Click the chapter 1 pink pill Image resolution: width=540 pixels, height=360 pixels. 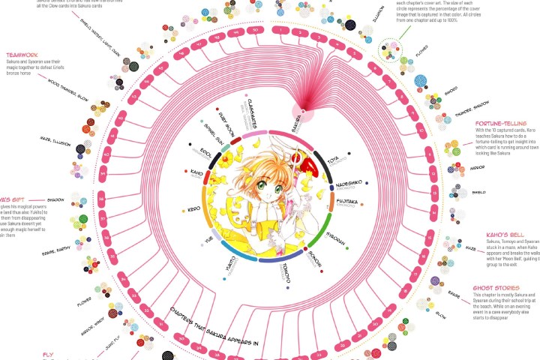(280, 32)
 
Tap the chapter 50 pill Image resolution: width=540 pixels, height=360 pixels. (257, 32)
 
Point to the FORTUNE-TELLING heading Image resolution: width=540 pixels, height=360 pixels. (498, 123)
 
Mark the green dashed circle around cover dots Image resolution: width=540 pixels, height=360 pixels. (391, 51)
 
